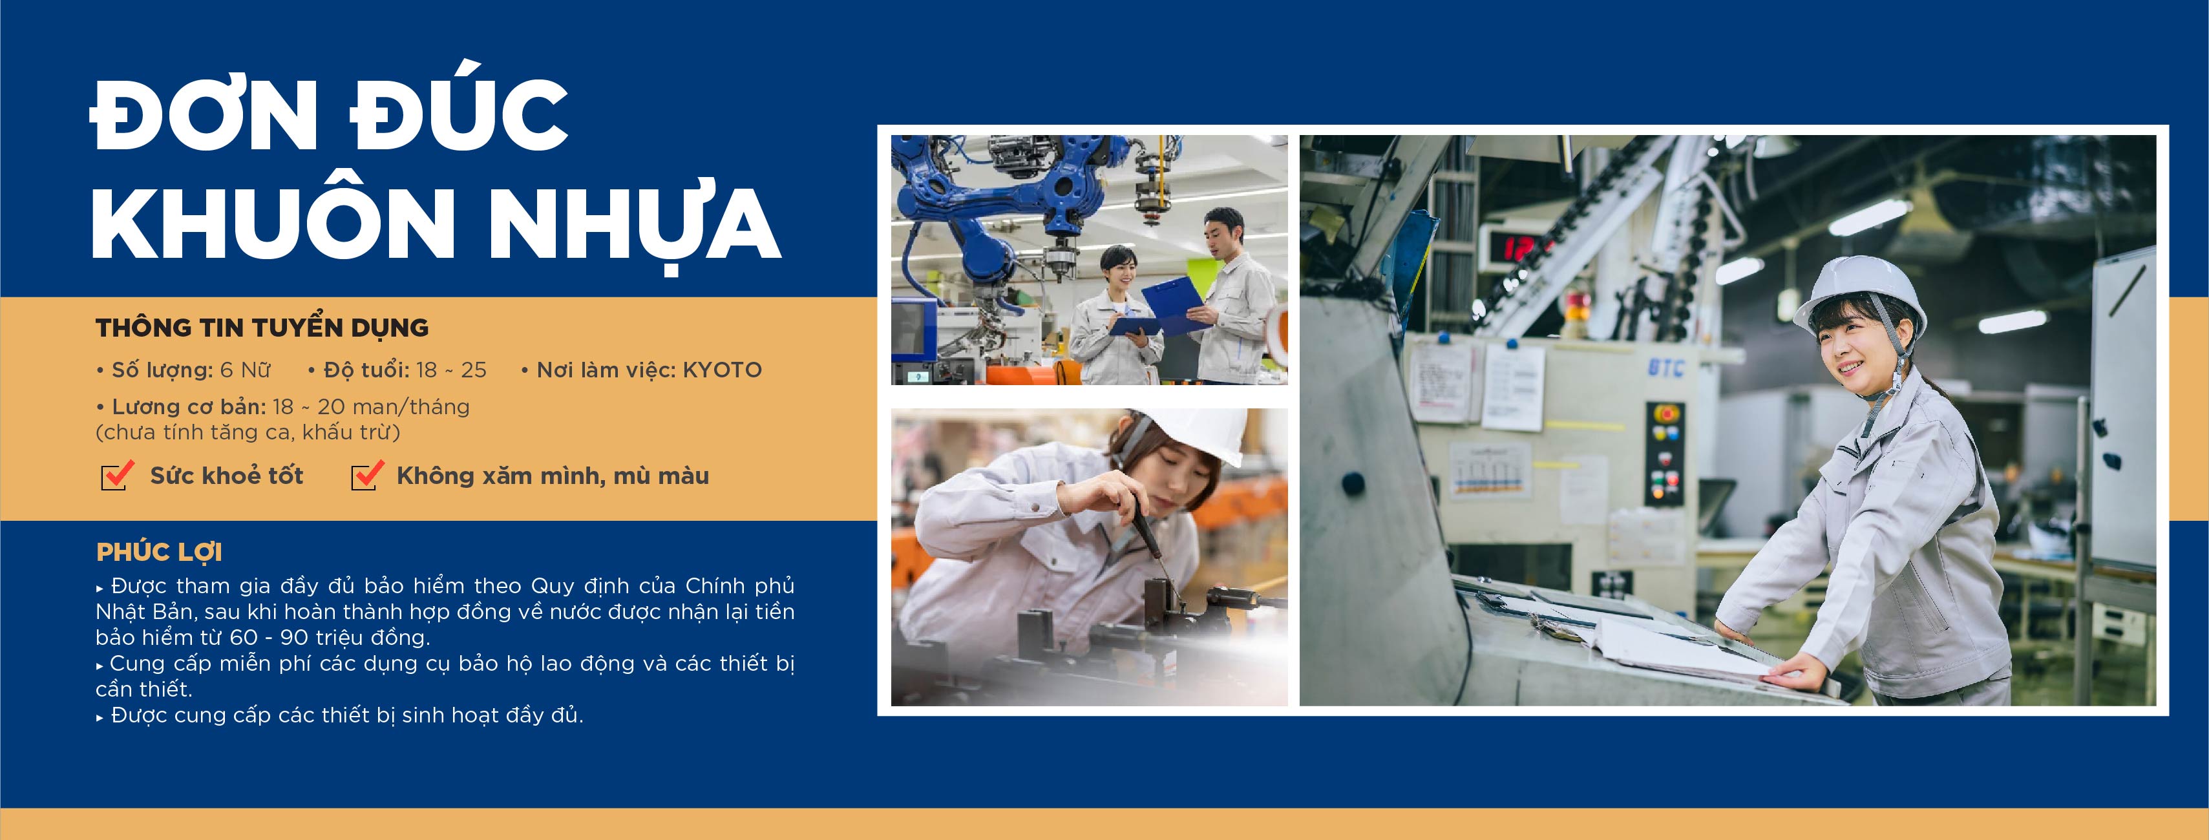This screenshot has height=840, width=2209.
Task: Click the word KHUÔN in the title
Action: point(272,222)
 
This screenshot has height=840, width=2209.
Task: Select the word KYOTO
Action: point(722,370)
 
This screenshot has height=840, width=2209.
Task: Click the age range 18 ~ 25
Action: point(451,370)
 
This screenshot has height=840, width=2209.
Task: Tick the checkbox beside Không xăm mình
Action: point(367,475)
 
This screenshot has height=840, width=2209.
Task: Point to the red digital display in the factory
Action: point(1521,247)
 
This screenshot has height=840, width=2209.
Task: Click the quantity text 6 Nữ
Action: point(245,370)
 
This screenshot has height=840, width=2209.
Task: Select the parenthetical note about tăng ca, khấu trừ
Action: point(248,432)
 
